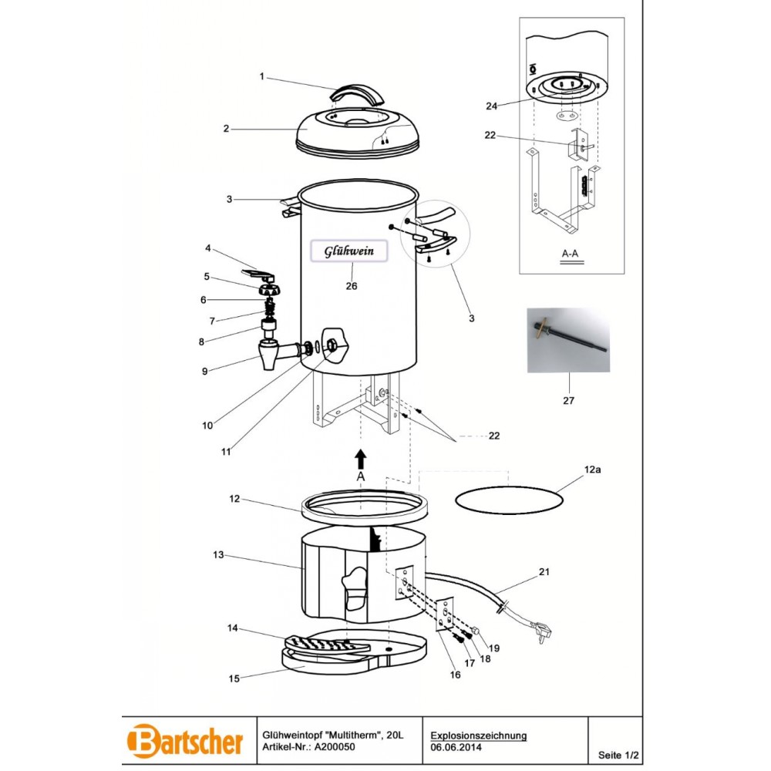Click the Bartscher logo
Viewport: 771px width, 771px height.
pos(185,740)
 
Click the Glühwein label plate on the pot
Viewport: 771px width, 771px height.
pos(348,251)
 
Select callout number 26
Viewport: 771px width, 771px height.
pos(351,286)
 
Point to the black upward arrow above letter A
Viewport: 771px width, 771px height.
pos(361,459)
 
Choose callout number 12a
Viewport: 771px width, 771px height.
pos(592,470)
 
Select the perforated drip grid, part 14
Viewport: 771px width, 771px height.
pos(327,645)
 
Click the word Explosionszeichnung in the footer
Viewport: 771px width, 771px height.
pos(479,736)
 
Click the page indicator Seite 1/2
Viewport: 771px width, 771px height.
pos(618,755)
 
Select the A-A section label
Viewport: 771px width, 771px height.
pos(571,254)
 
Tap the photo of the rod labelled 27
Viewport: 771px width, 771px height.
pos(568,340)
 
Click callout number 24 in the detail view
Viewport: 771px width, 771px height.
pos(492,106)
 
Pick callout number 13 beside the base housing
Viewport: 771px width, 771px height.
pos(218,554)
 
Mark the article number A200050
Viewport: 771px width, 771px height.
pos(335,747)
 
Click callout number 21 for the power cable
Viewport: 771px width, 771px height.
pos(544,572)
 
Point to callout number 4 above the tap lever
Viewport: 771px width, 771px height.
pos(208,248)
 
